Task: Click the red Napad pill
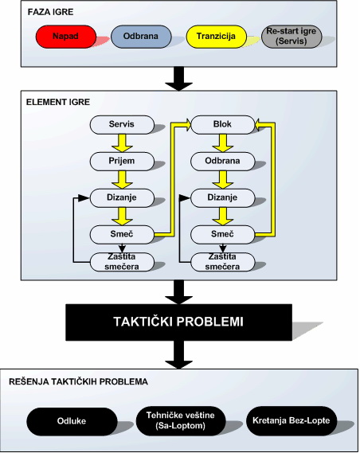click(x=66, y=37)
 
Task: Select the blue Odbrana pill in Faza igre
click(x=141, y=37)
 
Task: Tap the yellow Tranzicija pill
click(x=216, y=37)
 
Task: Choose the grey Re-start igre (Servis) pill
click(x=292, y=37)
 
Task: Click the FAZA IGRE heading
click(x=50, y=12)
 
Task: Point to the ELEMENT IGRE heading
click(x=58, y=102)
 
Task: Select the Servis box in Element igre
click(x=122, y=124)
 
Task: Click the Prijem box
click(x=122, y=161)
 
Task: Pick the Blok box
click(x=222, y=124)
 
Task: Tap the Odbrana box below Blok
click(x=222, y=161)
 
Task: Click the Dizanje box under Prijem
click(x=122, y=198)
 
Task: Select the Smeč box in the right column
click(x=222, y=234)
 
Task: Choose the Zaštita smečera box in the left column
click(x=122, y=262)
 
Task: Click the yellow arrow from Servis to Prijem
click(x=122, y=143)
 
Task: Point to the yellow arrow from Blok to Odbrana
click(x=223, y=143)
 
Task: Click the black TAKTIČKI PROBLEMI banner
click(x=178, y=322)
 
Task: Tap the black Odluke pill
click(x=72, y=421)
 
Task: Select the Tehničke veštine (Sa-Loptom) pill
click(x=181, y=420)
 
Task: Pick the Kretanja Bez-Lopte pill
click(x=292, y=420)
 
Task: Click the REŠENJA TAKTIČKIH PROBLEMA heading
click(x=78, y=382)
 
